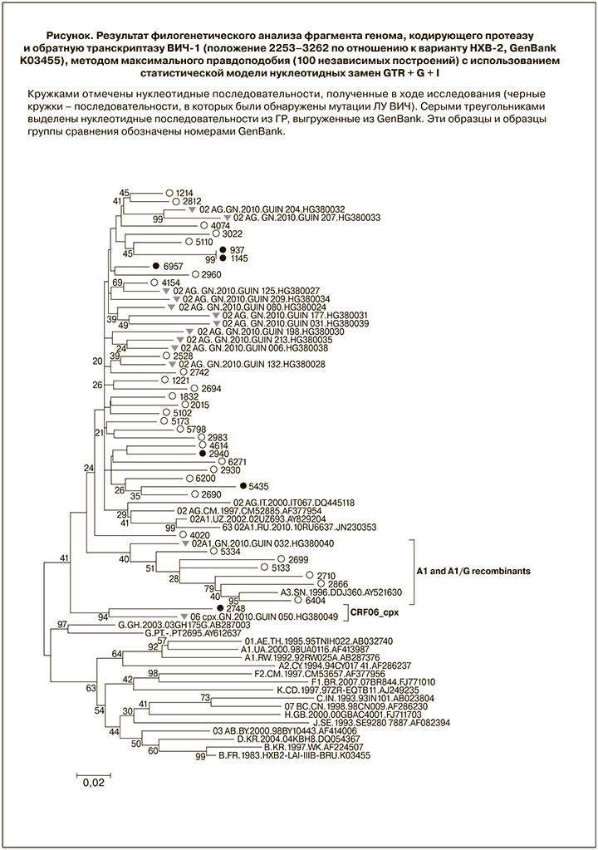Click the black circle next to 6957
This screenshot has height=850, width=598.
pos(155,266)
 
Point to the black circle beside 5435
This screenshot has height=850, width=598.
pos(243,485)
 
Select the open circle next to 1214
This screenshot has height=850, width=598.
pos(169,192)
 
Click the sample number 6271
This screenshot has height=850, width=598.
pos(237,462)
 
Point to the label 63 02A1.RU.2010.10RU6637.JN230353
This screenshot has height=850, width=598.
pos(300,526)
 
